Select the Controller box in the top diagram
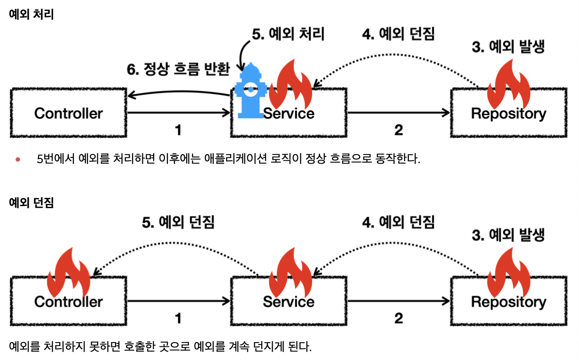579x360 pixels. point(69,113)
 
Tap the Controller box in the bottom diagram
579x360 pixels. point(69,302)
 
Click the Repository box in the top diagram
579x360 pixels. point(509,113)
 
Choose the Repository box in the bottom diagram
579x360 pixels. point(509,302)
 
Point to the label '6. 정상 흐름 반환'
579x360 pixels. point(178,69)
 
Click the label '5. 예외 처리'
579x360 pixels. point(288,34)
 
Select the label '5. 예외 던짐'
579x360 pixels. point(178,222)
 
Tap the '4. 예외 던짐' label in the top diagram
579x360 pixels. point(399,34)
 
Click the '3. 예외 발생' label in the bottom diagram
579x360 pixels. point(509,235)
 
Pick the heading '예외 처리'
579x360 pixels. point(31,15)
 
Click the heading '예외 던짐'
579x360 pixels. point(31,203)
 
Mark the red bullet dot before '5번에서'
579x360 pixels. point(18,159)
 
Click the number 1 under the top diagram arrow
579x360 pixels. point(178,130)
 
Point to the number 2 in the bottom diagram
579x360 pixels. point(399,319)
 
